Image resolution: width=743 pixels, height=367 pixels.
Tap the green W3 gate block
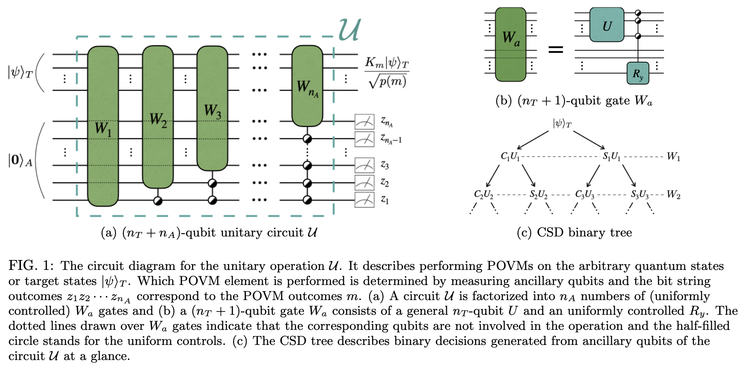212,108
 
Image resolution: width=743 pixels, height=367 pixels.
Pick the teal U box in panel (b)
607,25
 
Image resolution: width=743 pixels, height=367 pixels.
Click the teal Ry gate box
638,74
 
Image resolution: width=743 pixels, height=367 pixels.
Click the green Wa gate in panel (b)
510,44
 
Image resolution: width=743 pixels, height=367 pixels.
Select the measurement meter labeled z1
364,200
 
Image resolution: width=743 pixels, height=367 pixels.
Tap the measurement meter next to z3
364,165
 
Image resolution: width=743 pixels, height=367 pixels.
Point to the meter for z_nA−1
364,139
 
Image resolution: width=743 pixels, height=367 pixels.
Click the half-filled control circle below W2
158,200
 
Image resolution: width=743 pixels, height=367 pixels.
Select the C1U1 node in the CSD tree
510,156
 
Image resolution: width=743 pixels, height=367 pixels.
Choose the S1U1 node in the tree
611,157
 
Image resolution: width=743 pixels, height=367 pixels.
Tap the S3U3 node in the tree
639,194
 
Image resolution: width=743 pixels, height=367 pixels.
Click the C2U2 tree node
484,194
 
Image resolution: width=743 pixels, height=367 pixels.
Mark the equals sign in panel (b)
555,49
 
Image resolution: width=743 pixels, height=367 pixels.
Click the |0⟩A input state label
20,160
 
